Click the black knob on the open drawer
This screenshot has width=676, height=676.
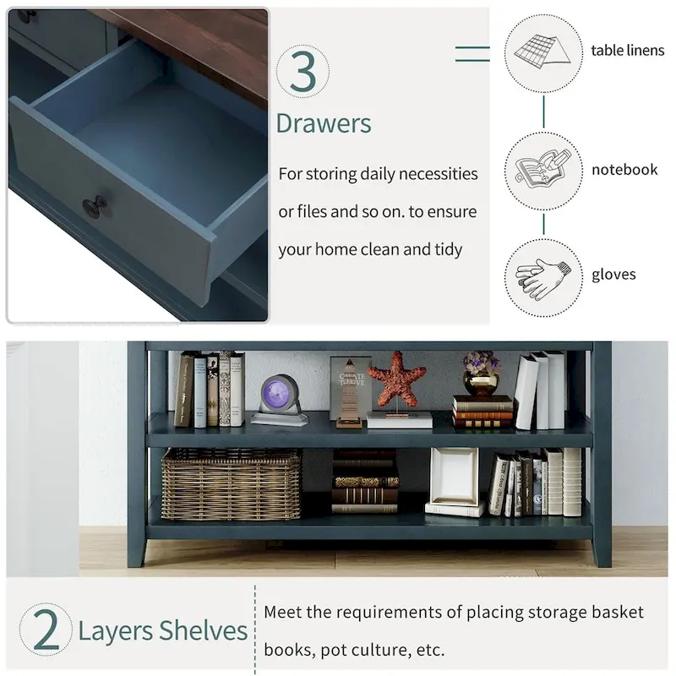pos(95,206)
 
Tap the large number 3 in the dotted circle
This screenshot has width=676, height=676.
pos(303,71)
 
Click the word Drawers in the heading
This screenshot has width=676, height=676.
pos(324,123)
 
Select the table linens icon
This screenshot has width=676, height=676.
pos(542,52)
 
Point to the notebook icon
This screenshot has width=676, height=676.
pos(543,168)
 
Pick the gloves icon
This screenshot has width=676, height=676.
pos(542,279)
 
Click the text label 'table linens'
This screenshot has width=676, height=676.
pos(627,51)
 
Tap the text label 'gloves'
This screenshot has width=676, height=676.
pos(613,275)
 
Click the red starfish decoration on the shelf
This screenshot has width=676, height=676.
pos(396,379)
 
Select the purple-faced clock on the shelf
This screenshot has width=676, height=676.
pos(279,400)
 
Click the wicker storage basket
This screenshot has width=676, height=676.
pos(231,483)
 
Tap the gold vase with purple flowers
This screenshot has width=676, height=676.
pos(481,373)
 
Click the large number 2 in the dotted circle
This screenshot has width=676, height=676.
pos(46,630)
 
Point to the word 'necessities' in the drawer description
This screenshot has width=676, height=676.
pos(438,174)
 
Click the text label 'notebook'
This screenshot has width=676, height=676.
pos(624,170)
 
